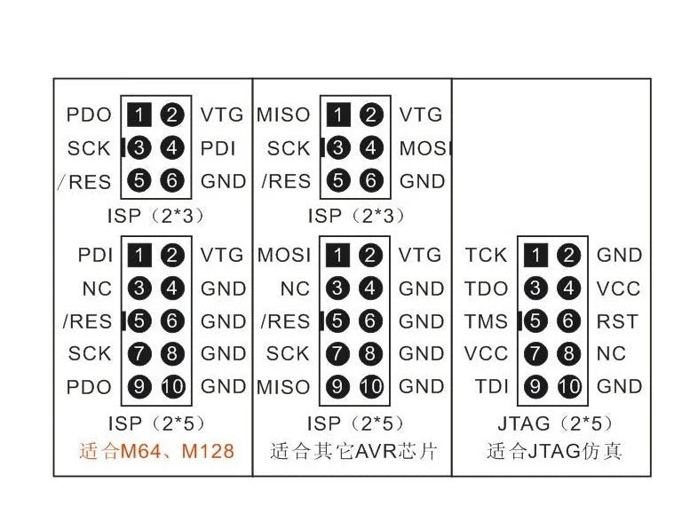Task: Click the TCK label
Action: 487,255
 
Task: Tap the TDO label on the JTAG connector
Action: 487,289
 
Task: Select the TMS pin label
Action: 487,321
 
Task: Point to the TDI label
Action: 492,386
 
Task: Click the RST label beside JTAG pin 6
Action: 617,321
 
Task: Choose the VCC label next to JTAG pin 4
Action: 618,289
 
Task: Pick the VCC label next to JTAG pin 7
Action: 486,353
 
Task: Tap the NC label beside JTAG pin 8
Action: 611,353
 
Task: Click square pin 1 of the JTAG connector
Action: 536,255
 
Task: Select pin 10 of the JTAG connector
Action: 569,386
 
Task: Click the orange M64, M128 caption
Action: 156,451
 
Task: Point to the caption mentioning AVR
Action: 353,451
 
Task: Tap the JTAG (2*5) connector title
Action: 555,423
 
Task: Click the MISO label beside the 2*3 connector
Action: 283,115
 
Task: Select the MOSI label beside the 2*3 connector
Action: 424,148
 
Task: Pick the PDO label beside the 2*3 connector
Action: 89,115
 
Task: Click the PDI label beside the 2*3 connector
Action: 218,148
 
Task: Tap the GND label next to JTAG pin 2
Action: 620,255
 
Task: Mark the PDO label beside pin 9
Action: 89,387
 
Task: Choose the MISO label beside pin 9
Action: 283,387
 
